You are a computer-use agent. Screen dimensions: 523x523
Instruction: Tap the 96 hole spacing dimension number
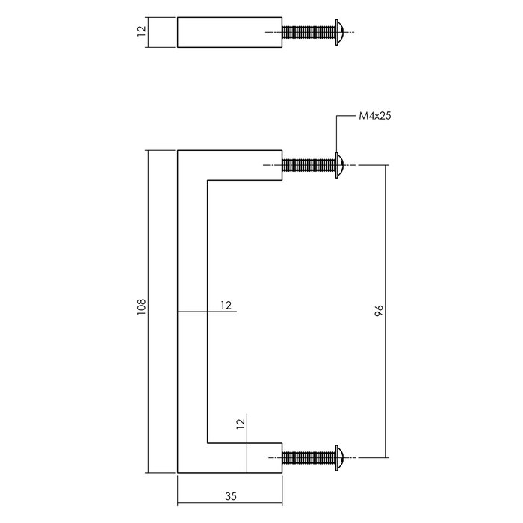[379, 309]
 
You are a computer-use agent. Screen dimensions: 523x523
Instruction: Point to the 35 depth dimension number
[230, 495]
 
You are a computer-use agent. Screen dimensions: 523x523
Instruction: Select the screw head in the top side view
[340, 32]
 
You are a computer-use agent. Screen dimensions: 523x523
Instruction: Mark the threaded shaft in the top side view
[309, 32]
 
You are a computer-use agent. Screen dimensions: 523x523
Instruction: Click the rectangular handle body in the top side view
[229, 32]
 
